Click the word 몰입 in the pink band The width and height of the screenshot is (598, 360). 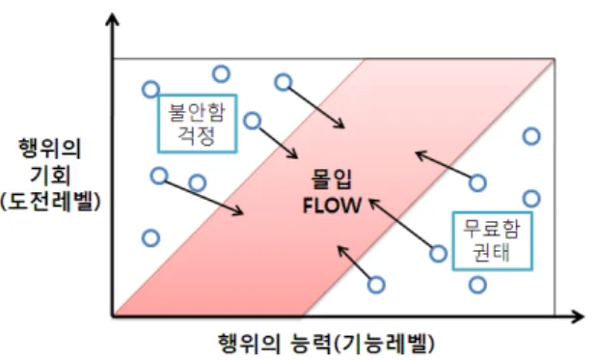pos(332,179)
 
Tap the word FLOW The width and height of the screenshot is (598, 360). pos(332,206)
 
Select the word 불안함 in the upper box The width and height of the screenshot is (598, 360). pos(197,112)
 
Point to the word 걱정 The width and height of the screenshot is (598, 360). pos(197,135)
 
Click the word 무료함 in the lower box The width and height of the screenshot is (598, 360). pos(492,230)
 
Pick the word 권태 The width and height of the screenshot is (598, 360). pos(492,252)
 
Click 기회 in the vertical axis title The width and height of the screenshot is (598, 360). pos(50,175)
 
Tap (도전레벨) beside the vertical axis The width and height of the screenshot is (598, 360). pos(50,201)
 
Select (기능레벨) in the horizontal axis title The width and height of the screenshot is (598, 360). pos(384,343)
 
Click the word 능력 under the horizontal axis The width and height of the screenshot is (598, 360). pos(310,343)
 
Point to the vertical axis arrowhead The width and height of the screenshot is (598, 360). pos(112,19)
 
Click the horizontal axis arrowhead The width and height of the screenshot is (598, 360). pos(577,317)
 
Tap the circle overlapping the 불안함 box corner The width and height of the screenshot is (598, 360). pos(151,90)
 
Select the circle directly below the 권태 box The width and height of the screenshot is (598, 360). pos(477,285)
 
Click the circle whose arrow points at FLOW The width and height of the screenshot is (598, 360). pos(438,254)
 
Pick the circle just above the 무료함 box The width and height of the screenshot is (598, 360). pos(531,199)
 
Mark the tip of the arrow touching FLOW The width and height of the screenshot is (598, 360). pos(369,199)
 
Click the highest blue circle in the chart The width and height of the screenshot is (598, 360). pos(221,73)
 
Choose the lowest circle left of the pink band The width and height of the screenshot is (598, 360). pos(151,238)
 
